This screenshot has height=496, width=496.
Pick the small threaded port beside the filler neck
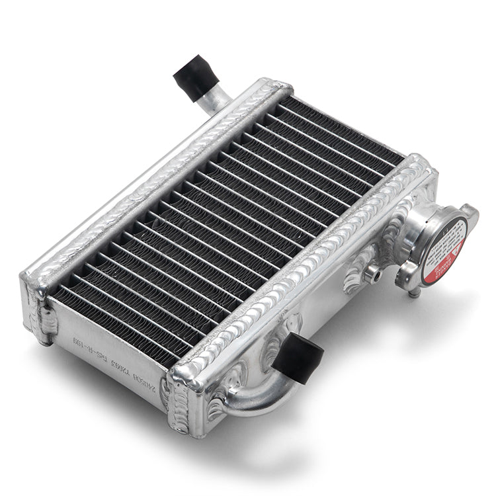tap(375, 271)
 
